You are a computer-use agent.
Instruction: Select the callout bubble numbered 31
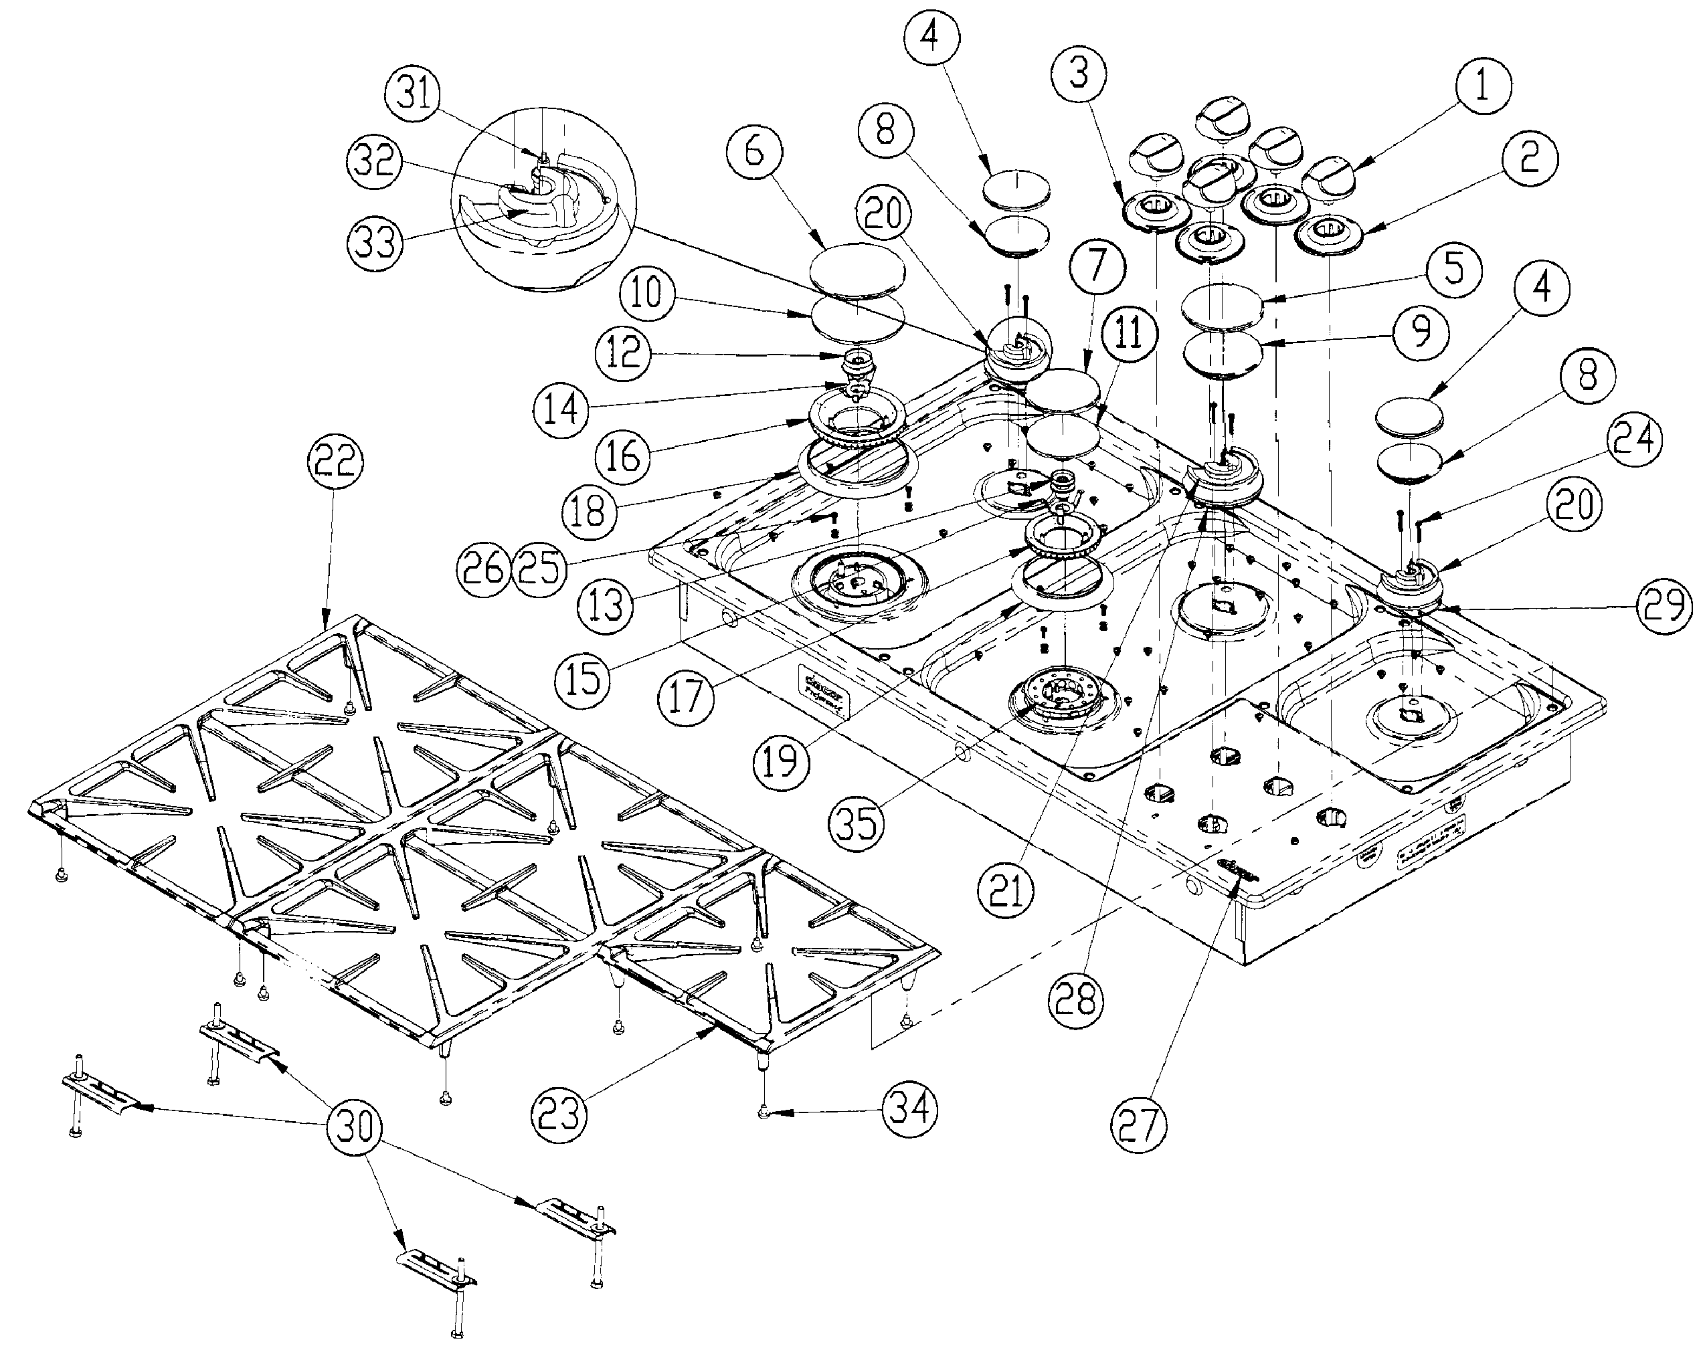(416, 96)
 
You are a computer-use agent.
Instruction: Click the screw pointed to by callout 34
(764, 1112)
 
